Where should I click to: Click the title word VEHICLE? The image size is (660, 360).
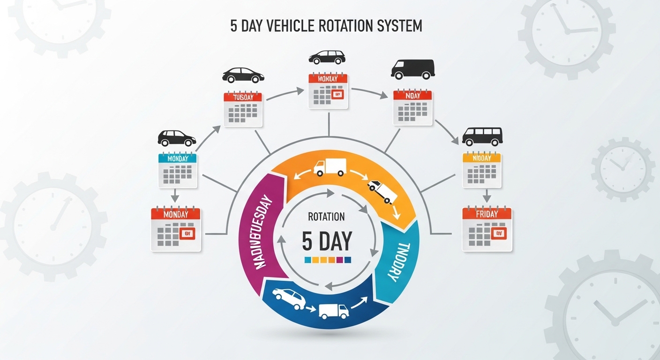[292, 26]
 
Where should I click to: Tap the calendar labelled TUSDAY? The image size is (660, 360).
[243, 109]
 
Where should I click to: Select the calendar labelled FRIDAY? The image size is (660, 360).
[487, 229]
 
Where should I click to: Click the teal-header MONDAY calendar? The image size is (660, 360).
[178, 171]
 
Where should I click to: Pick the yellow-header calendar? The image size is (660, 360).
[482, 171]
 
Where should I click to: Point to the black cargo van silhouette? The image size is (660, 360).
[412, 68]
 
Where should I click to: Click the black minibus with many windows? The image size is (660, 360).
[482, 136]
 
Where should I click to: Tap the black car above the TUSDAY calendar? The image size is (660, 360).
[243, 75]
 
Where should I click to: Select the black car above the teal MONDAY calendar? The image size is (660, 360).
[177, 138]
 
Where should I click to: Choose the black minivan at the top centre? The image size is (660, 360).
[327, 57]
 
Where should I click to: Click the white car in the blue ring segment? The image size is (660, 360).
[289, 299]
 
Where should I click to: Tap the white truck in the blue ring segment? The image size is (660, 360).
[334, 310]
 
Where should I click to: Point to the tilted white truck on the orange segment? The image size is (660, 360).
[382, 191]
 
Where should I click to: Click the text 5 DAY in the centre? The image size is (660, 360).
[327, 241]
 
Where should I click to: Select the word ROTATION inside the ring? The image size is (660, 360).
[327, 217]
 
